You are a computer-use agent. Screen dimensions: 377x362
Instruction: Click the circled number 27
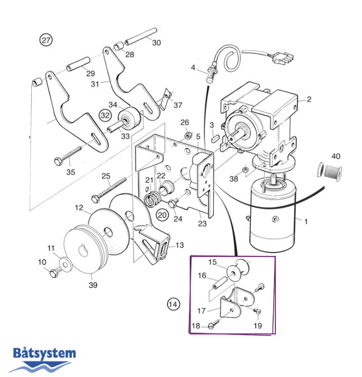click(x=47, y=40)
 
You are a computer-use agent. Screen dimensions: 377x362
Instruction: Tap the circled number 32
click(x=105, y=115)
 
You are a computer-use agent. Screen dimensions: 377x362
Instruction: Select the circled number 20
click(x=162, y=214)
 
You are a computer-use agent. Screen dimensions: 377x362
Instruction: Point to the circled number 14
click(x=174, y=304)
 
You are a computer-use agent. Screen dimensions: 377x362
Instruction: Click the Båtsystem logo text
click(x=44, y=353)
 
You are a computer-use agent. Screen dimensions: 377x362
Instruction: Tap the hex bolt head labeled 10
click(x=53, y=273)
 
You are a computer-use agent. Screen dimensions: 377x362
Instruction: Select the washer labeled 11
click(x=66, y=264)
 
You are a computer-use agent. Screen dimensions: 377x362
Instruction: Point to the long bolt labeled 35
click(x=69, y=155)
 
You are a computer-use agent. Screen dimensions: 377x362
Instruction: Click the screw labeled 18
click(x=214, y=324)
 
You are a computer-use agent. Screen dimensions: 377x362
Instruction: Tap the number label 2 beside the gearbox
click(x=309, y=99)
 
